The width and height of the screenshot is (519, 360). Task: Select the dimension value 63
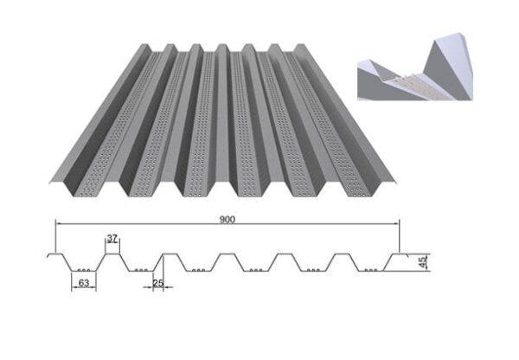pyautogui.click(x=83, y=280)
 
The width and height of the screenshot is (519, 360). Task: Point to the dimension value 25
pyautogui.click(x=157, y=280)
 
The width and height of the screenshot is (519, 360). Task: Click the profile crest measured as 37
pyautogui.click(x=112, y=254)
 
